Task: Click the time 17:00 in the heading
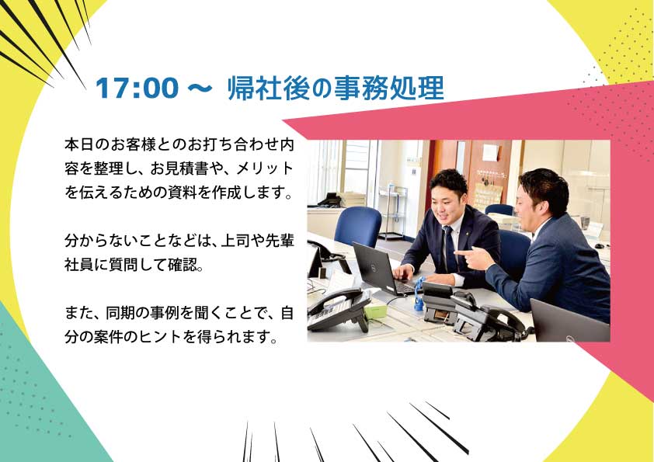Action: click(x=137, y=88)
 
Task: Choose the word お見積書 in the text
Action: click(x=179, y=168)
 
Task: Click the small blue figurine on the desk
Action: click(x=419, y=294)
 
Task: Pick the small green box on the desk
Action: click(x=376, y=311)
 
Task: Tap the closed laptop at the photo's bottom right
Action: click(x=570, y=321)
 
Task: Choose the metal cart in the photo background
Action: click(x=392, y=213)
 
